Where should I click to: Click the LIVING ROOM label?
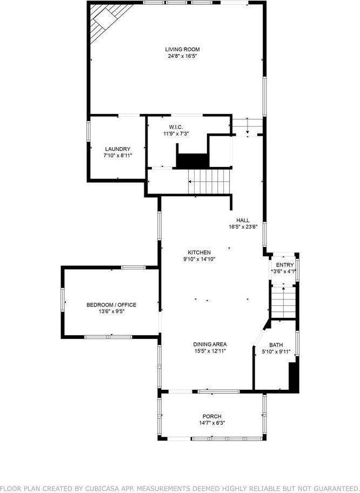178,49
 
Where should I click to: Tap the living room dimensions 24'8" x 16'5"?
178,56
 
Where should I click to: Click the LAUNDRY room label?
117,149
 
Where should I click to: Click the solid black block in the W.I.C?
192,161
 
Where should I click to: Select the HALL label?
243,220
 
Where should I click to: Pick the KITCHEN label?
199,252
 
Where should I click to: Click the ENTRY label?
284,265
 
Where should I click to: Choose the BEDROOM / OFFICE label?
111,305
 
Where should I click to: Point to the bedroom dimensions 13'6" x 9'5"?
111,312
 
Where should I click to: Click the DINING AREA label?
210,344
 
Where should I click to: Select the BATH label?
276,345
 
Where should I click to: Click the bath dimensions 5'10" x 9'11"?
276,352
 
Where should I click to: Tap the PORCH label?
212,416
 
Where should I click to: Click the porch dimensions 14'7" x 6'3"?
212,423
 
